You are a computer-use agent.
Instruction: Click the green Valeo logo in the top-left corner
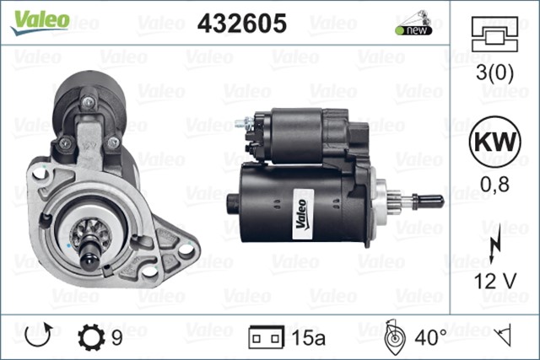[x=40, y=22]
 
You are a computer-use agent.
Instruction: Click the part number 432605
[x=242, y=24]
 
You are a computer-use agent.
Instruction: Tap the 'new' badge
[x=414, y=30]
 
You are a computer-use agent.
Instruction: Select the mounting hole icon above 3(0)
[x=494, y=34]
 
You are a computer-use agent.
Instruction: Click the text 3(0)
[x=494, y=73]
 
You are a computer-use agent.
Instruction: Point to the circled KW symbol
[x=495, y=142]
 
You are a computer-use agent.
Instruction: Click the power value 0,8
[x=495, y=185]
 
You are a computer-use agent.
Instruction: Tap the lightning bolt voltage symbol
[x=495, y=243]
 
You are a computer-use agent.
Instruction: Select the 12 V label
[x=495, y=281]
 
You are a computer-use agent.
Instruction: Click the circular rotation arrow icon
[x=39, y=335]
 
